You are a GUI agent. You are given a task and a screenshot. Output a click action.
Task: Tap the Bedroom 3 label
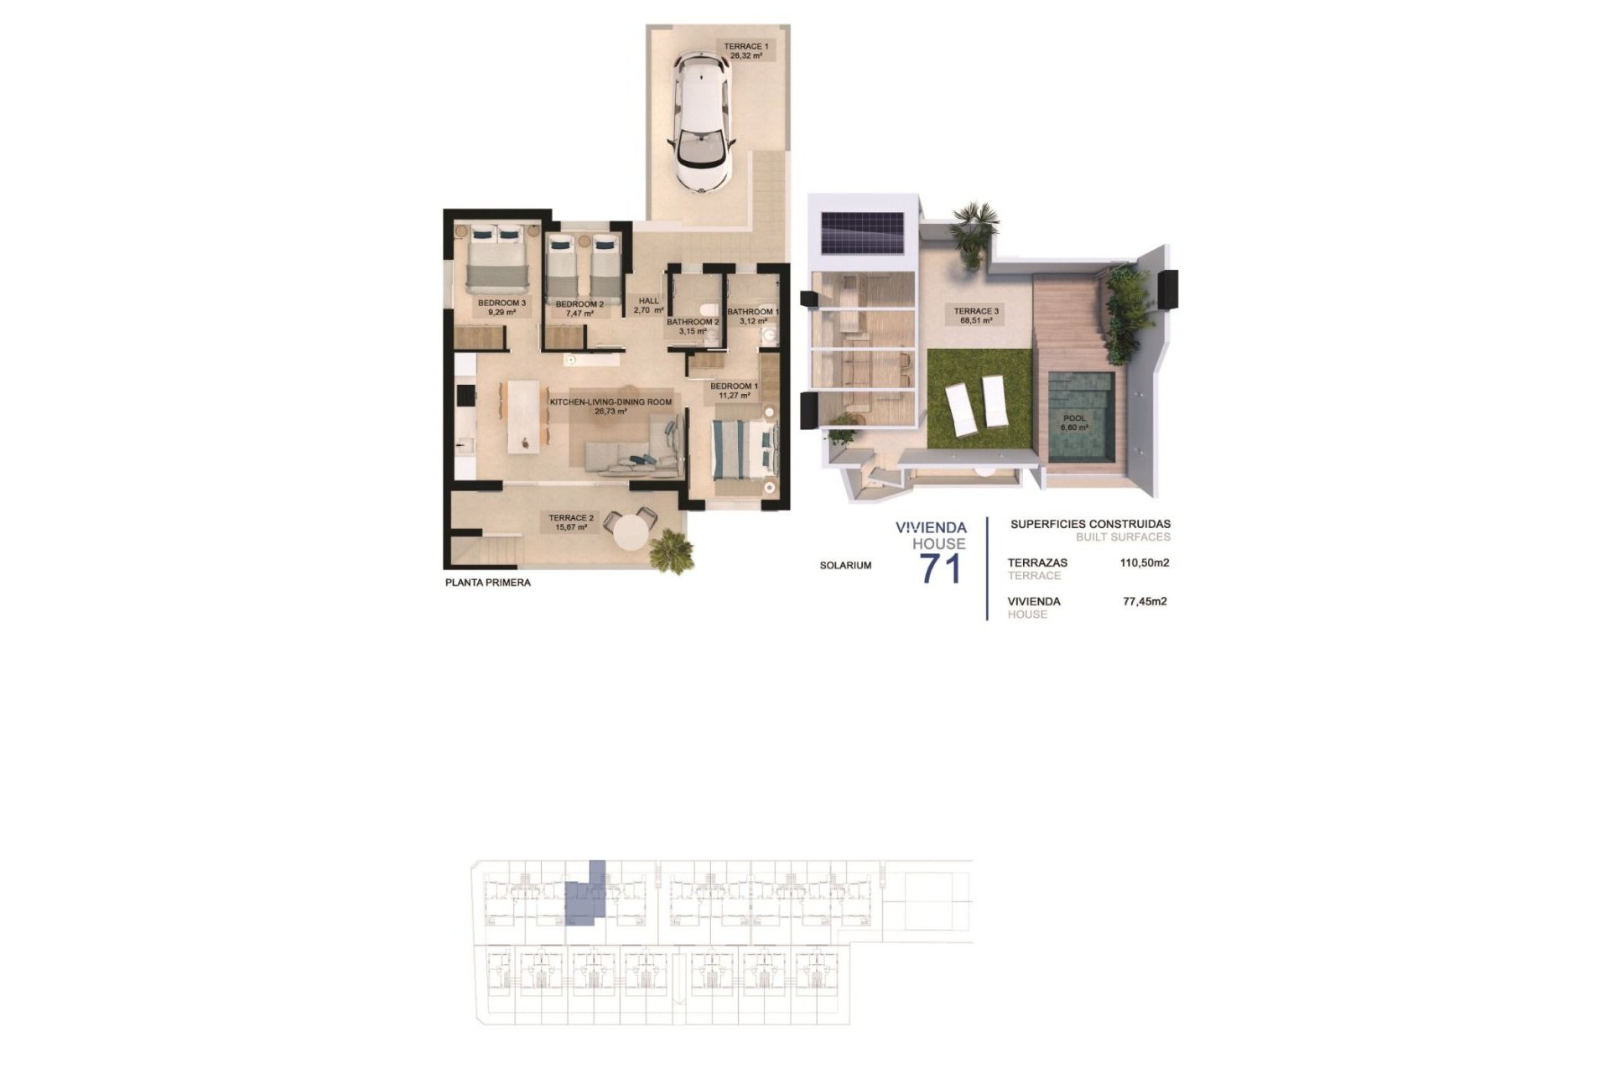point(501,307)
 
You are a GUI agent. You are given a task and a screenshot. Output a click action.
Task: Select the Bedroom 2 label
point(579,308)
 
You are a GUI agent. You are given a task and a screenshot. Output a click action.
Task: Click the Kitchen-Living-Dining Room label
point(610,407)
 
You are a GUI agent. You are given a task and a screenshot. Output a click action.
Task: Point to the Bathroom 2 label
point(693,326)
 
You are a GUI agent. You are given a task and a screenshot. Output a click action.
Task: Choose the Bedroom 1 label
point(734,391)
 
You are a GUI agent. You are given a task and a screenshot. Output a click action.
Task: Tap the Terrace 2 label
point(571,522)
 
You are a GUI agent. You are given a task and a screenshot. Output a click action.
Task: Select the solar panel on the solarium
point(862,232)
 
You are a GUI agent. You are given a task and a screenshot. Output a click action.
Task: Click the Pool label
point(1074,422)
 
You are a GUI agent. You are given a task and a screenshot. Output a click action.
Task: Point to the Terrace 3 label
point(976,315)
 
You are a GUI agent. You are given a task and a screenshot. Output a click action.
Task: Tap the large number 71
point(941,570)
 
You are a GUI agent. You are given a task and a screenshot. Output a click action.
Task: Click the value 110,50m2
point(1144,563)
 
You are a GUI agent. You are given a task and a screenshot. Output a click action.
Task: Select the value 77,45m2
point(1145,601)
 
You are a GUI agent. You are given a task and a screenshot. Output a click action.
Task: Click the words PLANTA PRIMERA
point(487,583)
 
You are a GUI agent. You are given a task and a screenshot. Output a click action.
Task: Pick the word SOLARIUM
point(845,566)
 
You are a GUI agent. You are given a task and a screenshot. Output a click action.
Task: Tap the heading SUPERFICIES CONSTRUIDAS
point(1090,525)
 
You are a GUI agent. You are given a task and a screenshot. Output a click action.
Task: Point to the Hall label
point(648,305)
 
